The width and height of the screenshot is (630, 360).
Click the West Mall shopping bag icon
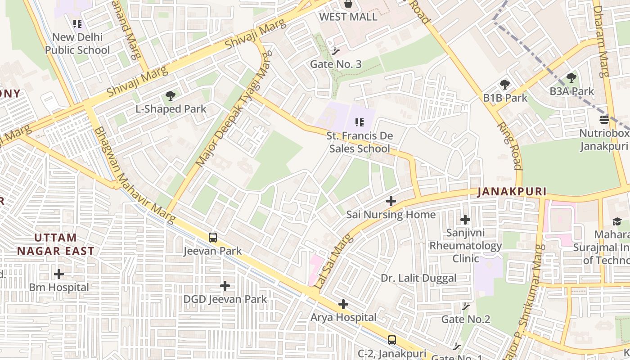coord(348,4)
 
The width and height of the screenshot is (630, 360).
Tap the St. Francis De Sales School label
coord(360,142)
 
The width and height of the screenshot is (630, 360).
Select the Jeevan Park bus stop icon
coord(213,238)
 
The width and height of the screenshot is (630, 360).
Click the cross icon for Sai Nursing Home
coord(391,201)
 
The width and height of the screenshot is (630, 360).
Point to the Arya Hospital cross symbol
coord(343,305)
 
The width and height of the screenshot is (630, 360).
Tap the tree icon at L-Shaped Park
coord(171,95)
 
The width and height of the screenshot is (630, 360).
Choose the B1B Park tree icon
coord(505,85)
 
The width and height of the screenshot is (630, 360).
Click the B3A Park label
coord(571,91)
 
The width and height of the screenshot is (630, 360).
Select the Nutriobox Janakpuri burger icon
coord(604,120)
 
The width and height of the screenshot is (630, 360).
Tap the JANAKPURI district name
coord(512,192)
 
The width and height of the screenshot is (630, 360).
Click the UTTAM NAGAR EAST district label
coord(56,244)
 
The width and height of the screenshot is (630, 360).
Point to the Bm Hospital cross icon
coord(59,274)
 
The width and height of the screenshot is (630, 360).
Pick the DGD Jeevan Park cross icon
coord(225,286)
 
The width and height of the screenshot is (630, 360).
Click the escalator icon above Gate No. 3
coord(335,51)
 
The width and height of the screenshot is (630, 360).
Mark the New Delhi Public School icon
coord(77,23)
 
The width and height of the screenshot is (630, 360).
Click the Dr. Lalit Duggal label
coord(418,278)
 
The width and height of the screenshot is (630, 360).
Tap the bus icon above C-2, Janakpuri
coord(392,340)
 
